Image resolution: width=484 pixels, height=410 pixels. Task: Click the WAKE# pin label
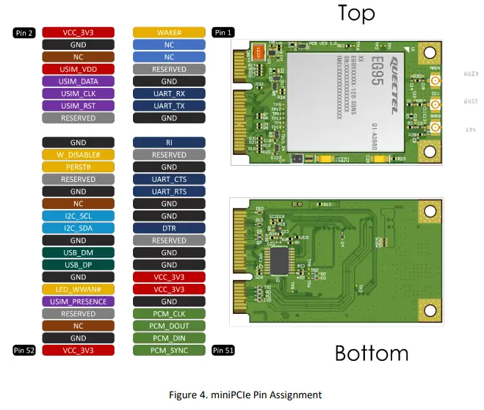pos(169,32)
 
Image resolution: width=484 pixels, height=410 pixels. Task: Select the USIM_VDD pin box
pos(78,69)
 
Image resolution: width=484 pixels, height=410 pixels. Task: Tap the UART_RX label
pos(169,94)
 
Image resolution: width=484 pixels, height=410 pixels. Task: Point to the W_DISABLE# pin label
pos(78,155)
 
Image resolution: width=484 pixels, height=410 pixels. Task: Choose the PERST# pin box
pos(78,167)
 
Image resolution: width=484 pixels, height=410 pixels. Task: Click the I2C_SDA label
pos(78,228)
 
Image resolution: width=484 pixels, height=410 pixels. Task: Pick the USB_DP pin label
pos(78,265)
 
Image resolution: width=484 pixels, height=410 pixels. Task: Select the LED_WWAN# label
pos(78,289)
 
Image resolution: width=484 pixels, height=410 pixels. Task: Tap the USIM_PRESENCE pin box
pos(78,301)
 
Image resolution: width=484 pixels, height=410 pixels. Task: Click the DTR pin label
pos(169,228)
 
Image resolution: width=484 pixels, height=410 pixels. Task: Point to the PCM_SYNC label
pos(169,351)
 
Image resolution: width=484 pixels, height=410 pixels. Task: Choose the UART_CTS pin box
pos(169,179)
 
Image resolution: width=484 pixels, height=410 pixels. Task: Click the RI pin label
pos(169,142)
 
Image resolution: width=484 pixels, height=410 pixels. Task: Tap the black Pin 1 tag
pos(223,32)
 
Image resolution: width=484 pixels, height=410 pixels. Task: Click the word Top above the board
pos(356,13)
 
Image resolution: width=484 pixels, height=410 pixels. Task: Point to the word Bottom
pos(371,353)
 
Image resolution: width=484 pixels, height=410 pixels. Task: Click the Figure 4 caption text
pos(245,395)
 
